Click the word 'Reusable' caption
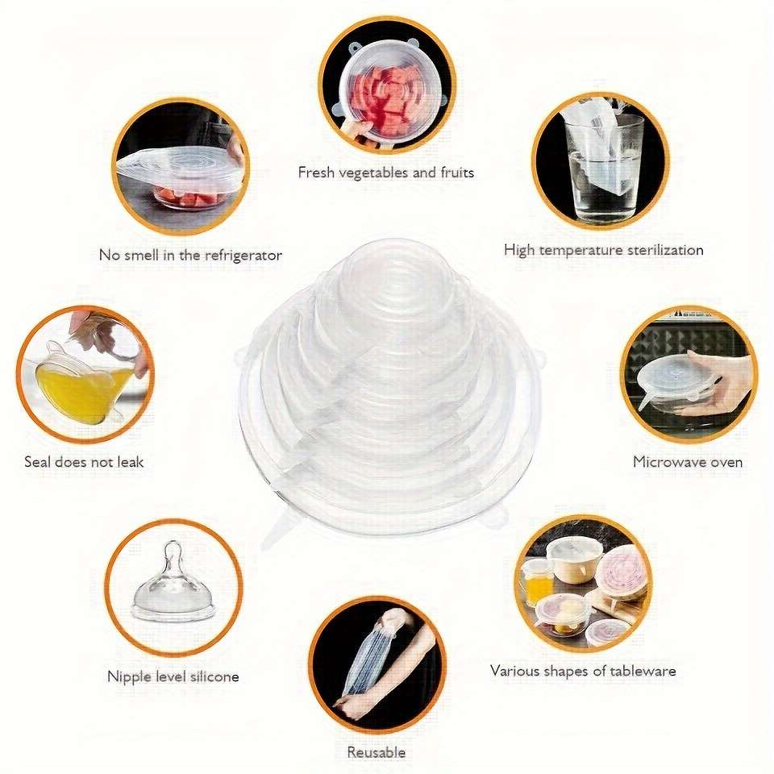376,752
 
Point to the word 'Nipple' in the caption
129,676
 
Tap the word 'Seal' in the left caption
39,462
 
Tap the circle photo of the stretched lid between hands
376,664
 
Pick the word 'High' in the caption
520,250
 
